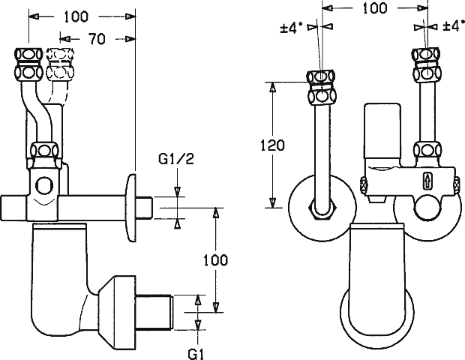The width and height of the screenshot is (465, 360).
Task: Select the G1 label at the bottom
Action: tap(196, 351)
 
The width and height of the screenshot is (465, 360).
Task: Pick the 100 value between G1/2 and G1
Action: tap(216, 259)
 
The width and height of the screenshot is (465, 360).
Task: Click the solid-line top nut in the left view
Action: tap(28, 64)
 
